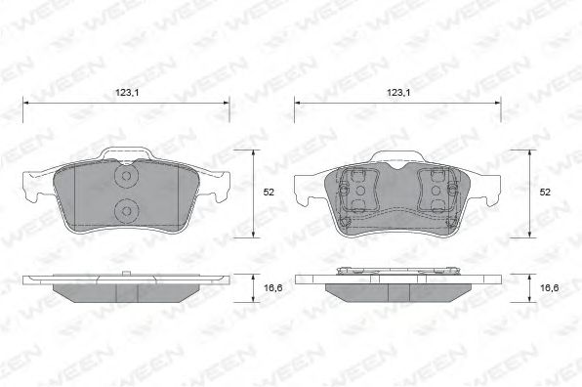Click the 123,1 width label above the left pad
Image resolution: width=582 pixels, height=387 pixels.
(127, 93)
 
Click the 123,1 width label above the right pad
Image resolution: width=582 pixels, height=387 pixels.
(398, 93)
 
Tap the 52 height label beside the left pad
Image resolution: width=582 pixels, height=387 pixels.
(269, 192)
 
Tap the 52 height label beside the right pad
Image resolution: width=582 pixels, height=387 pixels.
(545, 192)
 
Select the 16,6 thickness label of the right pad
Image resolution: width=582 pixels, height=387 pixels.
(550, 287)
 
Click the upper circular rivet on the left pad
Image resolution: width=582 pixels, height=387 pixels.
(127, 176)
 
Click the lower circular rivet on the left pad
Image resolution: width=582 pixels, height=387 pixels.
(127, 211)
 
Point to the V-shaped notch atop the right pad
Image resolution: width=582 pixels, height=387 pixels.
(397, 165)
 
